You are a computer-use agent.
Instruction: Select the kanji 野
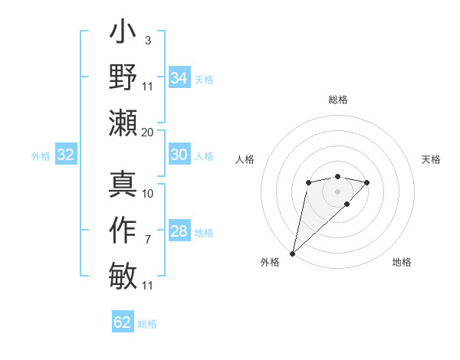(123, 79)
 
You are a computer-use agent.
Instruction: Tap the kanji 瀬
(123, 123)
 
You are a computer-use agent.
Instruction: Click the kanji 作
(123, 230)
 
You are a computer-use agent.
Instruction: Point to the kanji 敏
(123, 275)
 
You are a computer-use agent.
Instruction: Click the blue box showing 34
(179, 77)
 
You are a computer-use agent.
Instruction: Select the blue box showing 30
(179, 155)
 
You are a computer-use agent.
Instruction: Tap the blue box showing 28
(179, 231)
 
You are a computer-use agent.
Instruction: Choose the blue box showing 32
(65, 155)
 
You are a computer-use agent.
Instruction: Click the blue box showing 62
(123, 322)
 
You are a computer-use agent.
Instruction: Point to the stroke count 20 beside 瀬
(148, 132)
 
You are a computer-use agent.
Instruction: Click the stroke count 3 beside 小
(147, 40)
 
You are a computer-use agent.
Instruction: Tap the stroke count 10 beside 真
(148, 194)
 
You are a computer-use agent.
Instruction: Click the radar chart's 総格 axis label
(337, 100)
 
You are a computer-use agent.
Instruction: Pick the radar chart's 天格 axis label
(432, 159)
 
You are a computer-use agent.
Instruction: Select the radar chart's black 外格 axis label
(270, 262)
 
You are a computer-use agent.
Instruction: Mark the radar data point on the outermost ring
(292, 253)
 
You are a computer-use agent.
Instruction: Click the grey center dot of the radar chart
(337, 190)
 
